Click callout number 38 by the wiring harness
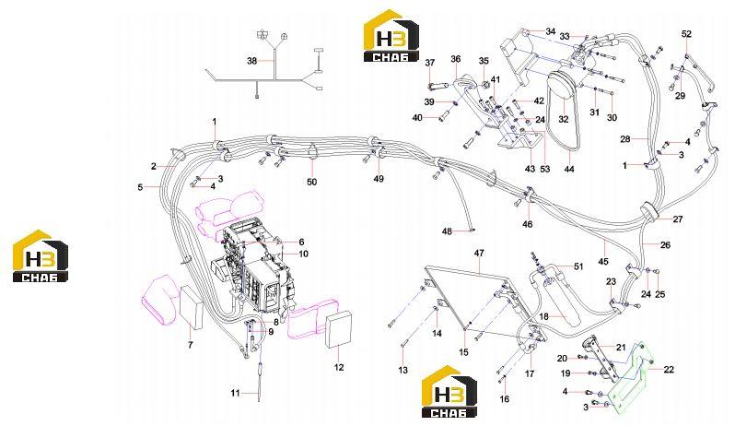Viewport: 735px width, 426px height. [x=252, y=61]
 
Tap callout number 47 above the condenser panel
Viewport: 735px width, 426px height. [x=479, y=254]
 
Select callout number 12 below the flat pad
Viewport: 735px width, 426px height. [x=338, y=367]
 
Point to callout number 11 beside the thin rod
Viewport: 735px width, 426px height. [x=235, y=393]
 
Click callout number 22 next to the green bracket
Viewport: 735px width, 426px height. [x=669, y=369]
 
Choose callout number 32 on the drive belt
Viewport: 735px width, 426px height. [x=564, y=119]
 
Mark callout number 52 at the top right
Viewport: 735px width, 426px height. [x=686, y=34]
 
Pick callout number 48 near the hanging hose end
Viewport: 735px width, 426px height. [x=448, y=231]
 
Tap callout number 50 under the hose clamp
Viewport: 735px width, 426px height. [x=311, y=182]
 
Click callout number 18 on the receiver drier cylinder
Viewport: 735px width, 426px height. [x=543, y=316]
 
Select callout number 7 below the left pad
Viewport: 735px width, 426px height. [x=191, y=345]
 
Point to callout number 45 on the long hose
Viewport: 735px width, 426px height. [x=603, y=261]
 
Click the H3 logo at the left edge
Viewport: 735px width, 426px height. [x=41, y=256]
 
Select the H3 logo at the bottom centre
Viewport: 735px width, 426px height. [x=449, y=391]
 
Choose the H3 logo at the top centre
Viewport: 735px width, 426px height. [x=391, y=36]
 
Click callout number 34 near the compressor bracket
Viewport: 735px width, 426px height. [x=550, y=31]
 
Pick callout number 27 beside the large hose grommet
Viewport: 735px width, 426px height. [x=678, y=219]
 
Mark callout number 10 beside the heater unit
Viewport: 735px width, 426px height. [x=303, y=254]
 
